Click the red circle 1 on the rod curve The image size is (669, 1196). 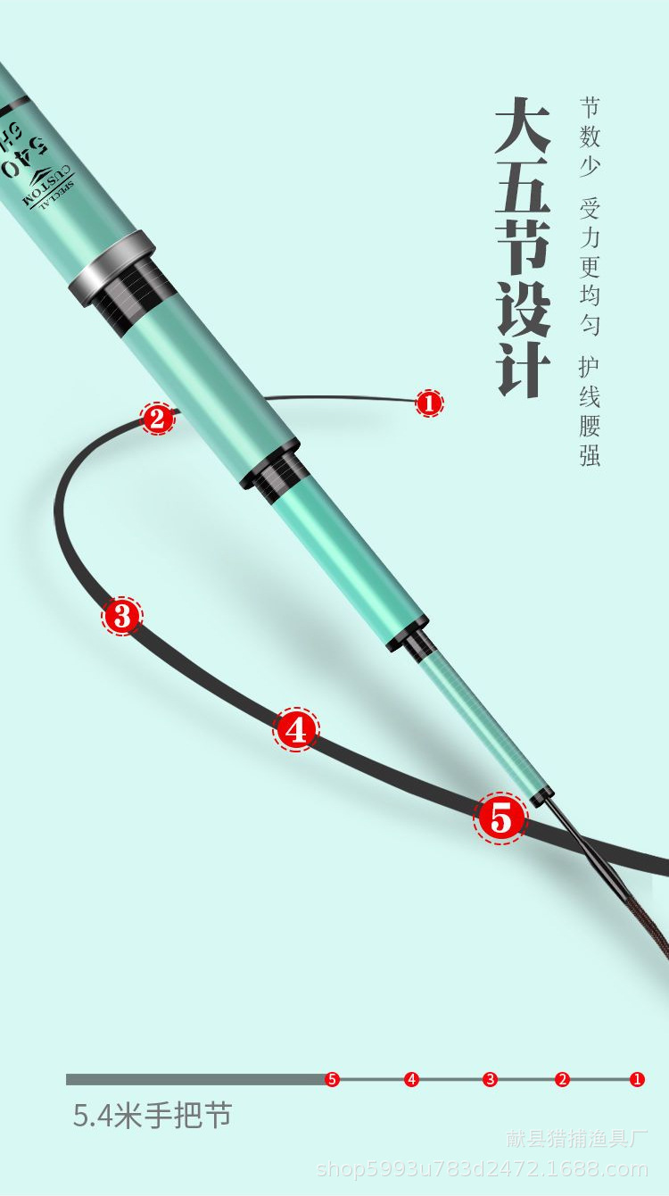click(x=429, y=403)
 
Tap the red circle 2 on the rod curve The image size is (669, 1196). click(x=157, y=418)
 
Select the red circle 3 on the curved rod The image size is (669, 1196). click(x=122, y=615)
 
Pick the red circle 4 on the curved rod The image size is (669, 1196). click(x=296, y=730)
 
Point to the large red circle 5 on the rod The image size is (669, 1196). click(x=500, y=818)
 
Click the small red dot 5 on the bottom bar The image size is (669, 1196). click(x=332, y=1079)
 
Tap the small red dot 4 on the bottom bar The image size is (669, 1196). click(x=411, y=1079)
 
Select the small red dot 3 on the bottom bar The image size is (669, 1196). click(x=490, y=1079)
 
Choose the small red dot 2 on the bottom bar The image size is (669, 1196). click(x=562, y=1079)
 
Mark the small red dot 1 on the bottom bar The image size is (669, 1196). click(x=637, y=1079)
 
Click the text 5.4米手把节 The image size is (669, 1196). click(x=153, y=1116)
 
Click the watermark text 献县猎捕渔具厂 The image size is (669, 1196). click(x=577, y=1139)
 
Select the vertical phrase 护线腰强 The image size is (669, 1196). click(x=590, y=411)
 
